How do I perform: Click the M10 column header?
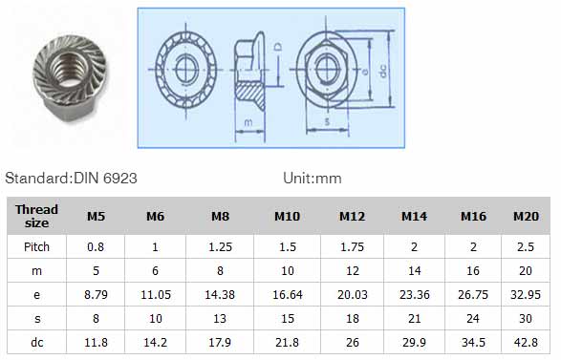point(287,216)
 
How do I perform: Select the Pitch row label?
point(36,247)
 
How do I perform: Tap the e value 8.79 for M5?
point(96,294)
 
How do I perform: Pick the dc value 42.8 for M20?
point(526,343)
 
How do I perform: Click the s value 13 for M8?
point(220,319)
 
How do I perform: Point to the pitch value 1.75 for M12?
point(352,247)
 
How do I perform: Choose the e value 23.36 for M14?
point(415,294)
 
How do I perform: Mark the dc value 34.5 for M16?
point(473,343)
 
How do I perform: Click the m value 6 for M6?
point(155,270)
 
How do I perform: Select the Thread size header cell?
point(36,216)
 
